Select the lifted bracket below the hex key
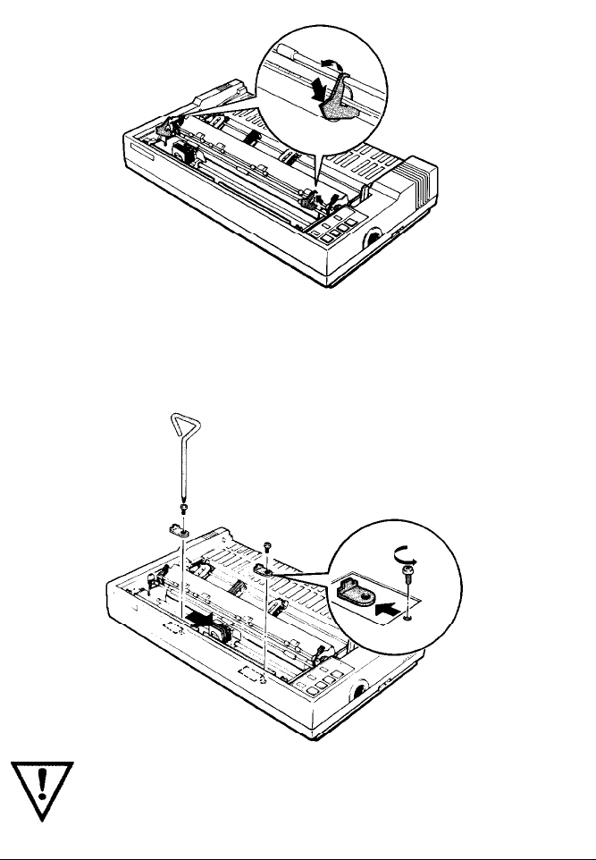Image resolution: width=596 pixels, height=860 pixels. coord(179,530)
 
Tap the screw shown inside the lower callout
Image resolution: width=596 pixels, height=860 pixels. coord(408,572)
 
